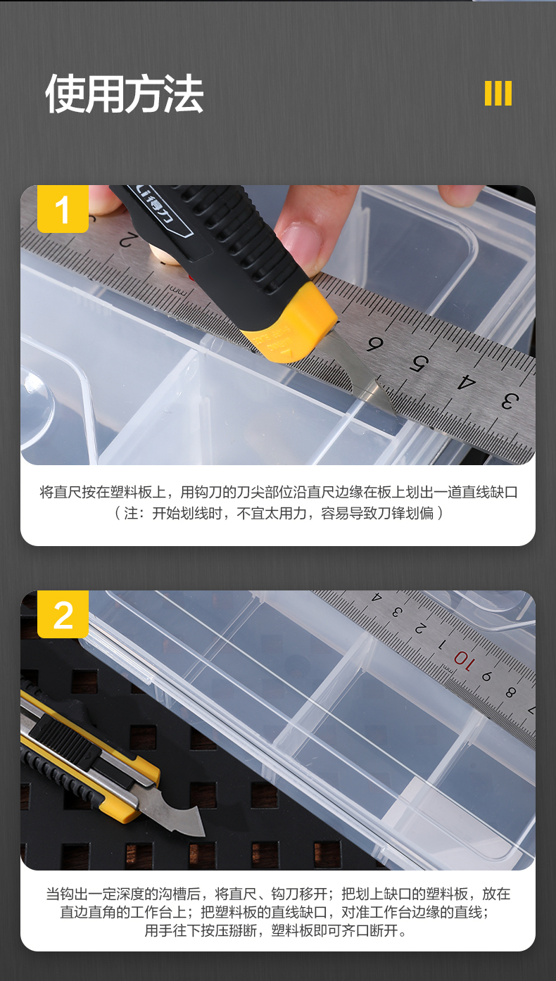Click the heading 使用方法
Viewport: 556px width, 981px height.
click(125, 94)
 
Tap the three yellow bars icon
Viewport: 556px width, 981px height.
click(498, 94)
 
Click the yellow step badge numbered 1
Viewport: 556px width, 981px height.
click(63, 209)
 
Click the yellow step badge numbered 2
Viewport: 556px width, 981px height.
click(63, 614)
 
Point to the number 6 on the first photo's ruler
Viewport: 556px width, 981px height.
click(374, 344)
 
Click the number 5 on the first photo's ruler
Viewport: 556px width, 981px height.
click(419, 363)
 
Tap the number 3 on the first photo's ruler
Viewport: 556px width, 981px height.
click(510, 401)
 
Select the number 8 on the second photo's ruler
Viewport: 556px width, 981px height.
click(510, 692)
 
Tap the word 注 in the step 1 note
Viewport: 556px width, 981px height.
click(131, 513)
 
